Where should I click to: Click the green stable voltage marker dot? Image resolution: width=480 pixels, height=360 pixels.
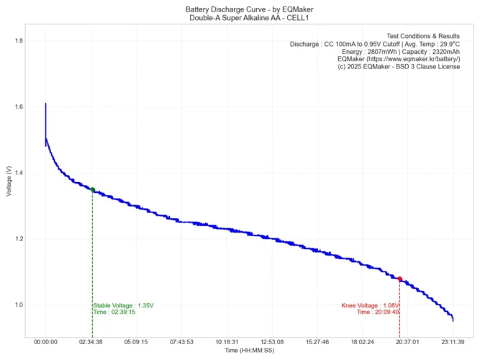click(x=92, y=189)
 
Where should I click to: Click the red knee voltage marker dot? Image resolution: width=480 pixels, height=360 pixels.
click(x=399, y=279)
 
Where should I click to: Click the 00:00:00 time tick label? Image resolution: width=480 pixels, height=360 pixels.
click(x=45, y=343)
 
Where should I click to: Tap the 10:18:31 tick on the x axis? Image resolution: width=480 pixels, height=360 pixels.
click(x=227, y=343)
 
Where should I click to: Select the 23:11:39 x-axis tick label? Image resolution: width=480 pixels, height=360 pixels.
click(x=453, y=343)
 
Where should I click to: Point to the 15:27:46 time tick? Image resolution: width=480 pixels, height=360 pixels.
click(x=317, y=343)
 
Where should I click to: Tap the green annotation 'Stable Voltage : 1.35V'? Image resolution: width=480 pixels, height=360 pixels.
click(x=123, y=305)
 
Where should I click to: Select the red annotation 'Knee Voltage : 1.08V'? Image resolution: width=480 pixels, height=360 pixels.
click(x=369, y=305)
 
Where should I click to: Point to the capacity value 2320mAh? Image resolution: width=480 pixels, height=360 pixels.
click(x=440, y=52)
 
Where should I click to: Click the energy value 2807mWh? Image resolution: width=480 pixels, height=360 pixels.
click(x=379, y=52)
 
